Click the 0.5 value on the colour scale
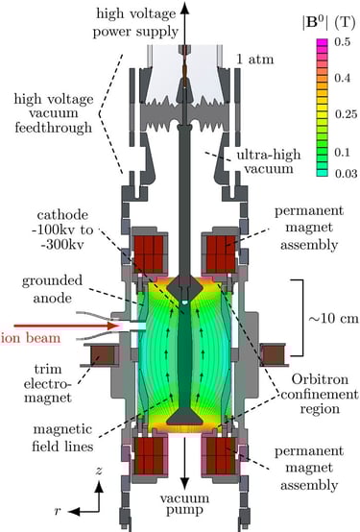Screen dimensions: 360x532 click(342, 42)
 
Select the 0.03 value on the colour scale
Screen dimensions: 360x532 click(347, 174)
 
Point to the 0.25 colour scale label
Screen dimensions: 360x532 click(347, 114)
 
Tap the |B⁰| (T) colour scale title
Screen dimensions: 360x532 click(326, 23)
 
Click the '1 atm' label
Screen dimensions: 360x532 click(254, 60)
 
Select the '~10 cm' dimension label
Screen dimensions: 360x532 click(333, 319)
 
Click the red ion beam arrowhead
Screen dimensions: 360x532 click(112, 326)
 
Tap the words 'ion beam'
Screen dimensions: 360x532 click(31, 338)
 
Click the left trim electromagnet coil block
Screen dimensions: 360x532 click(102, 355)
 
